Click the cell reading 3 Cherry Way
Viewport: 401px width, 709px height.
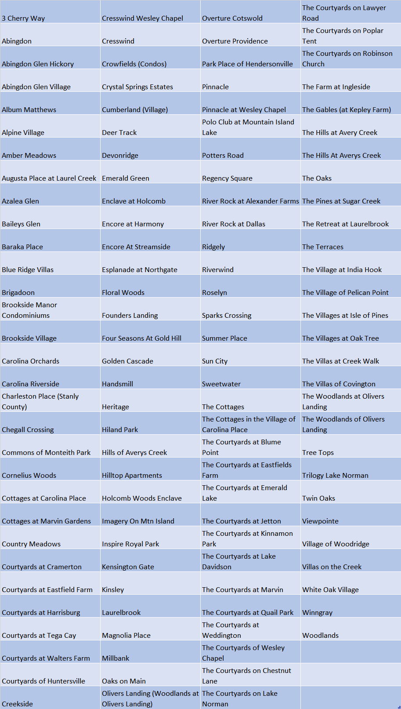point(23,18)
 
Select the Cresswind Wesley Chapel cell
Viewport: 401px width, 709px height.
point(142,18)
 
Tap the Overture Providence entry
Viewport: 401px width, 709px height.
point(235,41)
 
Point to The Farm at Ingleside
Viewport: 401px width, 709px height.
point(336,87)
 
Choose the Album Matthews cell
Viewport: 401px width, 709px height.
point(29,109)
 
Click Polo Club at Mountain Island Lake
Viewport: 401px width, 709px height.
point(248,127)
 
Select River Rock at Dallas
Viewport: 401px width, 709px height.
point(234,224)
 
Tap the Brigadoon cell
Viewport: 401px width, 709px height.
point(18,292)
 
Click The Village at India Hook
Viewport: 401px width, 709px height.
point(342,269)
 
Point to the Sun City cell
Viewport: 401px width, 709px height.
point(215,361)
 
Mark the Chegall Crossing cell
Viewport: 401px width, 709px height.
point(28,429)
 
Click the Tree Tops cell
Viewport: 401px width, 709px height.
point(318,452)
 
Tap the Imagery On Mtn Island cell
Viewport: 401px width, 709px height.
point(138,521)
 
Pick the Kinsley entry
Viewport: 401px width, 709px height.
point(113,589)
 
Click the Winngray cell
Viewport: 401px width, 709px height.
point(317,612)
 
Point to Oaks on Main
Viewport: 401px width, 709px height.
point(124,681)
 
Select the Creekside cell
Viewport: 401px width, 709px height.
point(17,704)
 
